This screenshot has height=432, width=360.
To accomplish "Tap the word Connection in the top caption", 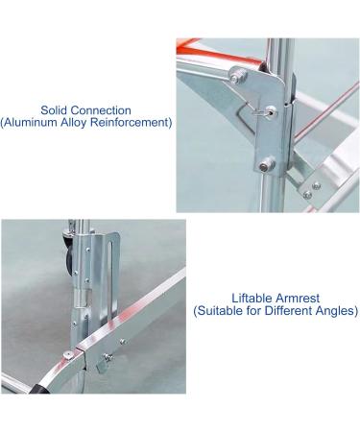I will [107, 109].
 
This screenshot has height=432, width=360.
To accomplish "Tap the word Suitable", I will [224, 312].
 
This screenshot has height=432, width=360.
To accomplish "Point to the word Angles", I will [335, 312].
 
